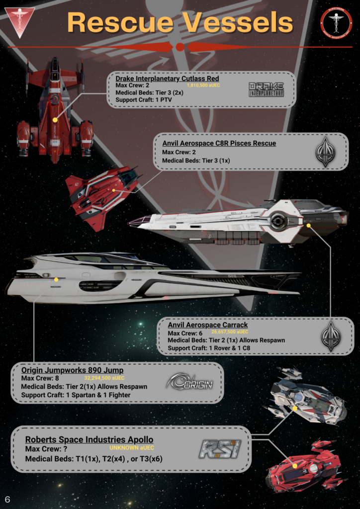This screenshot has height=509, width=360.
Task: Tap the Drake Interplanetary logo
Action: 266,89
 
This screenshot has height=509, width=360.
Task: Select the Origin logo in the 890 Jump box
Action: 189,381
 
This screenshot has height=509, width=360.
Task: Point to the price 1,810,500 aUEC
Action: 203,85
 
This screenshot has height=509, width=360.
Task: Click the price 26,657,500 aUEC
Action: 230,332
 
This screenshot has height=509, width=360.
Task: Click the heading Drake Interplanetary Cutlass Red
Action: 167,79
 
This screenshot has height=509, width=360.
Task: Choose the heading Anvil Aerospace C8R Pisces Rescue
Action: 219,144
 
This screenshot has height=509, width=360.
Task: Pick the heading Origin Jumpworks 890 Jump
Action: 73,370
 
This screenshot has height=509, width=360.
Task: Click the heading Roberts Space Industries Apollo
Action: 89,440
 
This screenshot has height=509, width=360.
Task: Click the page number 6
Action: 7,499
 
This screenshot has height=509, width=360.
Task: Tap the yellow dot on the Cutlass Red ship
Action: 55,120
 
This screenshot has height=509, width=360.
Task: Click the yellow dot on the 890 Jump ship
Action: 56,280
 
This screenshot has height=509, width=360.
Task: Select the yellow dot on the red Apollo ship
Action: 295,466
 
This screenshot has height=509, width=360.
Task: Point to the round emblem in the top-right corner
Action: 336,21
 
